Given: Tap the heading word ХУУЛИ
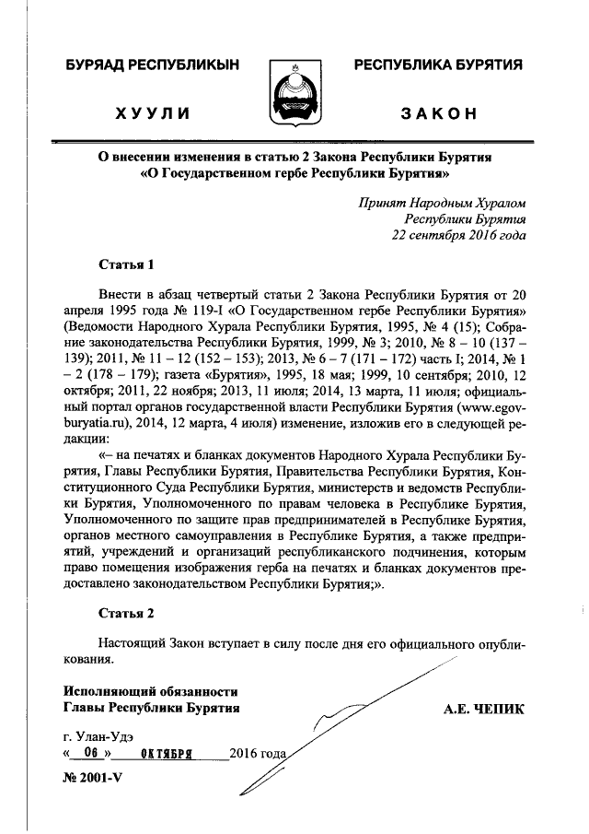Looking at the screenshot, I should pos(153,114).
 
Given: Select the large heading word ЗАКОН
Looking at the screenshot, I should pos(438,114).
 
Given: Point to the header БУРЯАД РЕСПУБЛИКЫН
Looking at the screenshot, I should pos(153,65).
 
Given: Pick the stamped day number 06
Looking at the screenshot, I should pos(90,753).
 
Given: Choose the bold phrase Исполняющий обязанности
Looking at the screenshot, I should pos(151,691).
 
